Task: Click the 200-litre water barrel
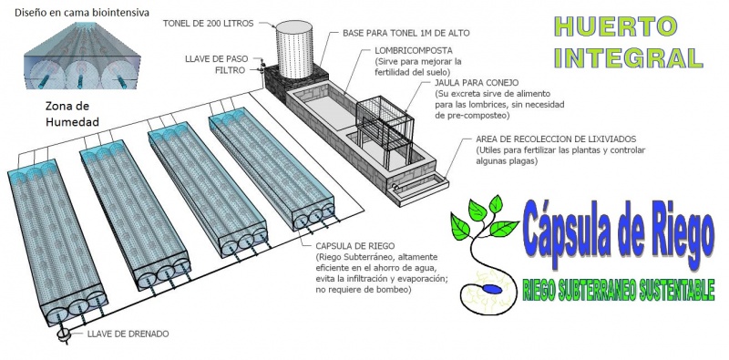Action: pyautogui.click(x=294, y=49)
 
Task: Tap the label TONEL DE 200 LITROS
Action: pyautogui.click(x=209, y=24)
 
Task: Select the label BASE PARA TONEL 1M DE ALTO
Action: pyautogui.click(x=406, y=34)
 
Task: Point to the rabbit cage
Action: pyautogui.click(x=384, y=131)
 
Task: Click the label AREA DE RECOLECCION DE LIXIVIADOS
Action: pyautogui.click(x=556, y=139)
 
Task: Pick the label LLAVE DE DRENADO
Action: pyautogui.click(x=128, y=334)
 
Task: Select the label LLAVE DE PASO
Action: pyautogui.click(x=217, y=59)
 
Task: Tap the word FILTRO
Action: pyautogui.click(x=231, y=70)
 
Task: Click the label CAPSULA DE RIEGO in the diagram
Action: pyautogui.click(x=355, y=245)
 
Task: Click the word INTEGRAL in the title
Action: pyautogui.click(x=629, y=57)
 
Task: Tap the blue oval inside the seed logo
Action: pyautogui.click(x=492, y=289)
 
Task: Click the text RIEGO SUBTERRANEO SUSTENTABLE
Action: pyautogui.click(x=619, y=290)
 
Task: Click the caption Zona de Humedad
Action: pyautogui.click(x=72, y=114)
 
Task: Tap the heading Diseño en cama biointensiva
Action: pyautogui.click(x=82, y=13)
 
